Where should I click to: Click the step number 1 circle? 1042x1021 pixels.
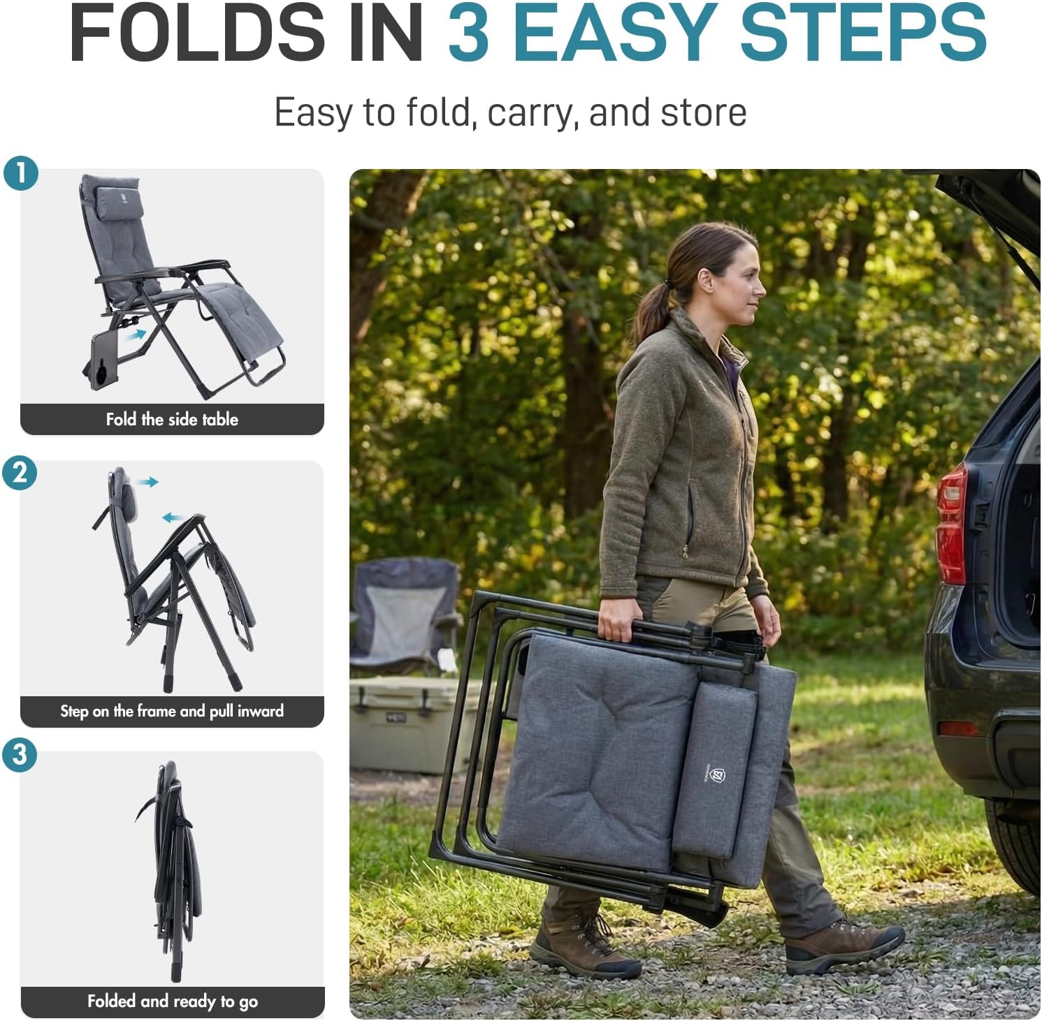click(20, 172)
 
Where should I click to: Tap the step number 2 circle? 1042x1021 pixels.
click(20, 473)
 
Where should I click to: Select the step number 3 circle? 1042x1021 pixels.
click(20, 755)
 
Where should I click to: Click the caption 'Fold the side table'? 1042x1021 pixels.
click(172, 419)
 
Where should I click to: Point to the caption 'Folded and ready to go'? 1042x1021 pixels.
click(173, 1001)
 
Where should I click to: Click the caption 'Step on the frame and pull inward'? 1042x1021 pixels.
click(172, 711)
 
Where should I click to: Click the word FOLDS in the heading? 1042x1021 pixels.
click(198, 33)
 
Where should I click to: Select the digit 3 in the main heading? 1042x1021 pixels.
click(468, 33)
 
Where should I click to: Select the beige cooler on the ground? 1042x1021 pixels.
click(412, 723)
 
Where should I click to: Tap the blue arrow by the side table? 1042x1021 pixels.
click(137, 335)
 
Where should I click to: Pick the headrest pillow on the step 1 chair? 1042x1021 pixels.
click(119, 203)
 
